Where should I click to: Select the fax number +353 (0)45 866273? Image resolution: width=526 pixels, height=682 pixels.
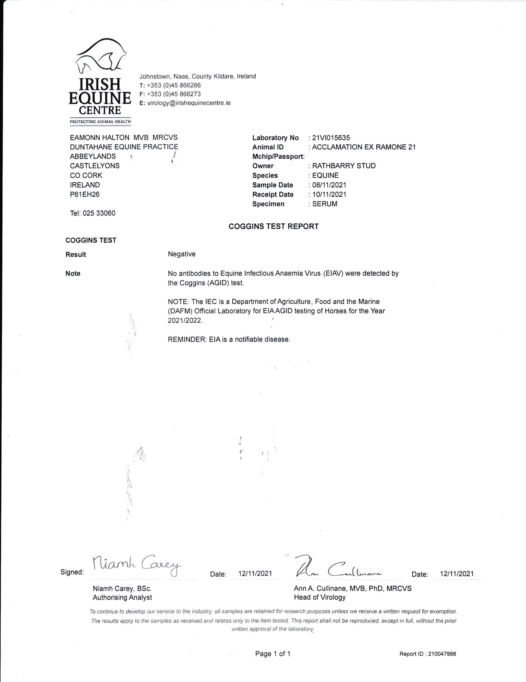(174, 94)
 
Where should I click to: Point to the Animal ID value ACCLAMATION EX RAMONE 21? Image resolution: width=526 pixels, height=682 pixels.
(364, 147)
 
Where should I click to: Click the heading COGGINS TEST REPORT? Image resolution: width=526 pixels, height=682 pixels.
(273, 226)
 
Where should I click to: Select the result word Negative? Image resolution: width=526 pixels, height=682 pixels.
(182, 254)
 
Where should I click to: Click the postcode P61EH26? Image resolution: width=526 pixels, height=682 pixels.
(85, 194)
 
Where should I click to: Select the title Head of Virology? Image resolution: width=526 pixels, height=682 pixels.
(320, 597)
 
